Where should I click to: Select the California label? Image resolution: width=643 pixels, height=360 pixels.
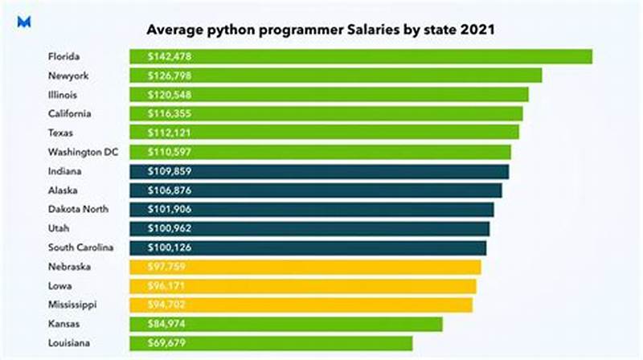coord(70,113)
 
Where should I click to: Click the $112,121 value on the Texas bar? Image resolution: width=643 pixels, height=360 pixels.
coord(168,133)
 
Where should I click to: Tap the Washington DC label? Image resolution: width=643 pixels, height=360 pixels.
coord(83,152)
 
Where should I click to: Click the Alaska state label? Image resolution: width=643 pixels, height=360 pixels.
coord(63,190)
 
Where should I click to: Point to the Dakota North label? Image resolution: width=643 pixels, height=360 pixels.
coord(79,209)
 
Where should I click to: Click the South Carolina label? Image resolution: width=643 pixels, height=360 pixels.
coord(81,247)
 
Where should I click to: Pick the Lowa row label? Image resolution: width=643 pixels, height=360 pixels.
coord(60,285)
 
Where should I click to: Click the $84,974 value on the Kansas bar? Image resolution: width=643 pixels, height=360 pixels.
coord(165,324)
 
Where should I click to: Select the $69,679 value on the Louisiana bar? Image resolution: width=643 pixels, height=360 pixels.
coord(165,343)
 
